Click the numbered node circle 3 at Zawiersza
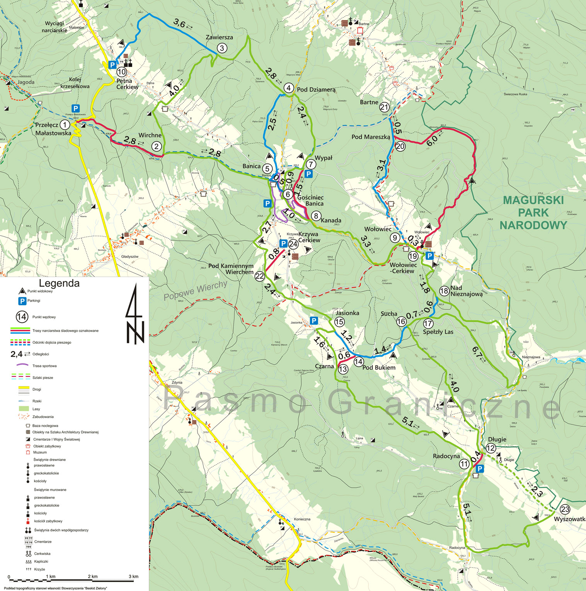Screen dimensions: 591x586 pyautogui.click(x=221, y=48)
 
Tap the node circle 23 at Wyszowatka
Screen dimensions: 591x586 pyautogui.click(x=565, y=509)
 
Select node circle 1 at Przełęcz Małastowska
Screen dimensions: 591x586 pyautogui.click(x=65, y=125)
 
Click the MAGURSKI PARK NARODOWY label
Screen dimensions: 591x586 pyautogui.click(x=533, y=212)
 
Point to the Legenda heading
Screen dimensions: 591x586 pyautogui.click(x=59, y=284)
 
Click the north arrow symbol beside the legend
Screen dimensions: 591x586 pyautogui.click(x=135, y=314)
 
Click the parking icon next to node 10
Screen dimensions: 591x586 pyautogui.click(x=112, y=65)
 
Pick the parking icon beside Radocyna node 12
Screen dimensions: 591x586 pyautogui.click(x=480, y=469)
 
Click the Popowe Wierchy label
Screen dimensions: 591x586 pyautogui.click(x=195, y=290)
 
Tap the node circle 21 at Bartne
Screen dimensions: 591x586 pyautogui.click(x=384, y=107)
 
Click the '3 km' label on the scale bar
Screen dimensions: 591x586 pyautogui.click(x=133, y=576)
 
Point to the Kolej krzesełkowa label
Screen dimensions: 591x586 pyautogui.click(x=75, y=83)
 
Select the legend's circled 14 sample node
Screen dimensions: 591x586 pyautogui.click(x=22, y=317)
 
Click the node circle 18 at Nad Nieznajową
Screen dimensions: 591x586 pyautogui.click(x=444, y=291)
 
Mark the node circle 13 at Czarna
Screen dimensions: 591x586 pyautogui.click(x=343, y=369)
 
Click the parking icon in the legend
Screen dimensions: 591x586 pyautogui.click(x=22, y=301)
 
